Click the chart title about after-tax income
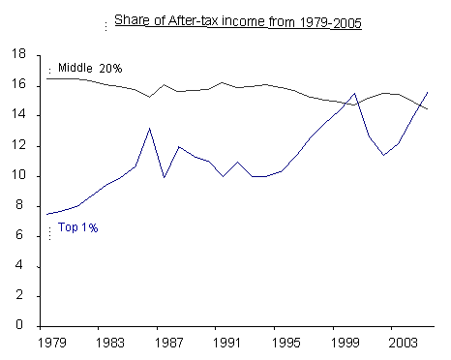[238, 22]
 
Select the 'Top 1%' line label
[77, 227]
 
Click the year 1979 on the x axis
[45, 343]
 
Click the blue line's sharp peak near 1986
[149, 128]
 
